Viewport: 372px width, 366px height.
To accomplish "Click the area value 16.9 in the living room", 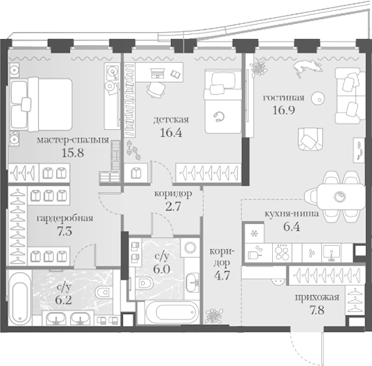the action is coord(284,110).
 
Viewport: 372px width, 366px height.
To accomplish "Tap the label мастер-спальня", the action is coord(73,140).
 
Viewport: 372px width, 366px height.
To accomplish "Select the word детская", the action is coord(171,119).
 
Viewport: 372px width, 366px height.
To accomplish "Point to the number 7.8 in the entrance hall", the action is coord(317,310).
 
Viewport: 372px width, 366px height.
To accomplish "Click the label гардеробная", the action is coord(65,218).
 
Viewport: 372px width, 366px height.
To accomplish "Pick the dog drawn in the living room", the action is coord(308,67).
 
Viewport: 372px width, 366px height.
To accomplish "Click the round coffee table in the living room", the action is coord(318,98).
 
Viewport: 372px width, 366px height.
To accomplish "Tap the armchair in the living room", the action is coord(310,139).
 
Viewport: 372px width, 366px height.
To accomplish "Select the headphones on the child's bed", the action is coord(219,117).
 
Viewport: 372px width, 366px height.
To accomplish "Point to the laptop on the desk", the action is coord(157,73).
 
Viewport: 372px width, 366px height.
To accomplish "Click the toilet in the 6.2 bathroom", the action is coord(104,292).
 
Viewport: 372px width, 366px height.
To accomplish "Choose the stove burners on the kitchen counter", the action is coord(282,253).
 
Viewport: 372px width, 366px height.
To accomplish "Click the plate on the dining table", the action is coord(339,197).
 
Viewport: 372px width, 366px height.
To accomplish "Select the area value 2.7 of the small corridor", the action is coord(174,206).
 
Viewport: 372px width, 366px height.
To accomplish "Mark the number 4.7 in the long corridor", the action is coord(222,275).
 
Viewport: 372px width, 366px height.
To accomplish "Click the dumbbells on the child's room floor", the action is coord(134,150).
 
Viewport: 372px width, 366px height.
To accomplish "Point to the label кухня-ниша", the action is coord(291,214).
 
